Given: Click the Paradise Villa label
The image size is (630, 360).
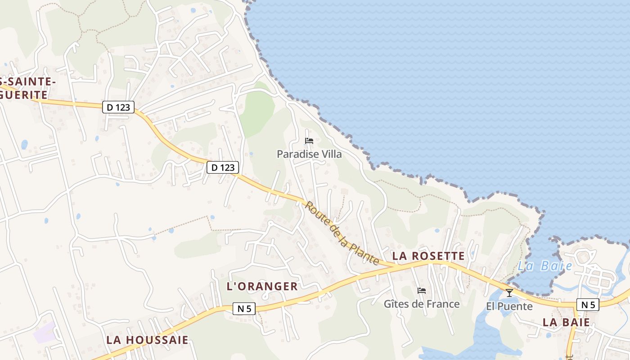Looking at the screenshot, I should [309, 154].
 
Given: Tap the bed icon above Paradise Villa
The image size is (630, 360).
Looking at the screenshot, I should [309, 141].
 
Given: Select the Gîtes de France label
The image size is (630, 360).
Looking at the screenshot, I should [422, 304].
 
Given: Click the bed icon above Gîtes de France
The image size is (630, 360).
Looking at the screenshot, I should [422, 291].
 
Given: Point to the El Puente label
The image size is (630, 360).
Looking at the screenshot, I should [509, 306].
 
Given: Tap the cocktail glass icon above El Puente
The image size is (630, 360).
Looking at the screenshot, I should [509, 293].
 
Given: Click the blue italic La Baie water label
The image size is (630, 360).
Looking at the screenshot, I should [545, 266].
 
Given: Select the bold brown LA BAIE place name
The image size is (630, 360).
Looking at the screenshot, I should [566, 322].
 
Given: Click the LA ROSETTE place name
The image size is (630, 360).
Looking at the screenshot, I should [428, 256].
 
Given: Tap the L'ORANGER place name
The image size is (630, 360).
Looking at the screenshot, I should [262, 286].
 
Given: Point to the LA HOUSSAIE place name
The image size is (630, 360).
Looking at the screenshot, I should [147, 340].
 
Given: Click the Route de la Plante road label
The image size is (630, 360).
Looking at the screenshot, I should [342, 233].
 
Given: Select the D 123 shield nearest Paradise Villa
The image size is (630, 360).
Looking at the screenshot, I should [223, 167].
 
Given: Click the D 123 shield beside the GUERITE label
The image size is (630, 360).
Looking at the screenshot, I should [118, 107].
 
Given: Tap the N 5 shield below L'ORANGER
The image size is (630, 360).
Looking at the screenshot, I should [244, 309].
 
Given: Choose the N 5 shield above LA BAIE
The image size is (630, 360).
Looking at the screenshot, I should [588, 305].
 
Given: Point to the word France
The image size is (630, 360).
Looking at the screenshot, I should [443, 304].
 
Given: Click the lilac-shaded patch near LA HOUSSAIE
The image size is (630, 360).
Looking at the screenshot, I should [45, 333].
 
